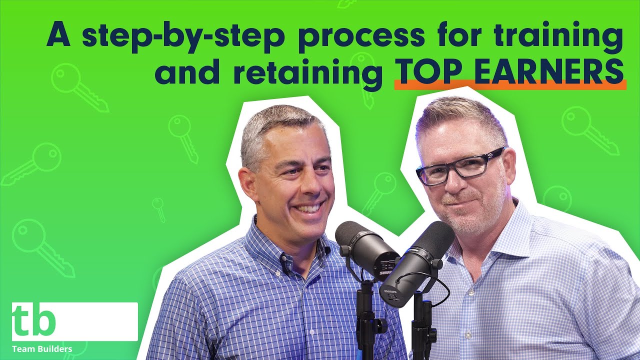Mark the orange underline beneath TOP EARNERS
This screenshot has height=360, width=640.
[510, 86]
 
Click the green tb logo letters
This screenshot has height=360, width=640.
[33, 320]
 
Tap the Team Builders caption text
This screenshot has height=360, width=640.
[42, 348]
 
